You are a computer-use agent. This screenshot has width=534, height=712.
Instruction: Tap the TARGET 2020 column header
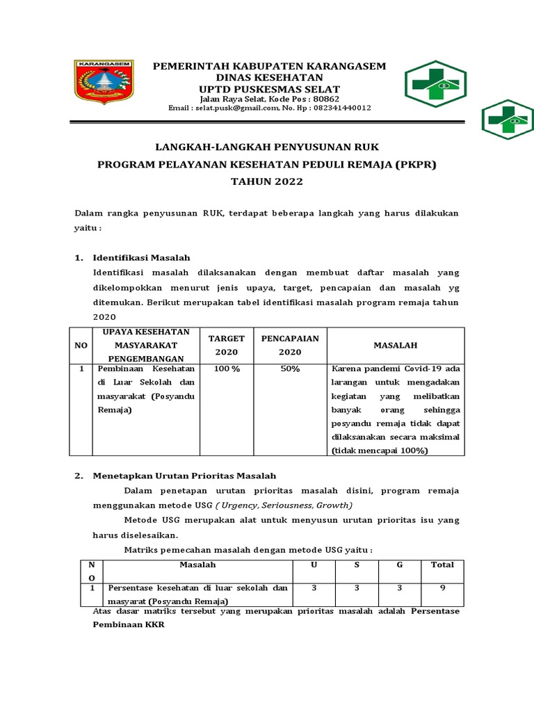(227, 345)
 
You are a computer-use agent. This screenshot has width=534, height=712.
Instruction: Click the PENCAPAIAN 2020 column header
(290, 345)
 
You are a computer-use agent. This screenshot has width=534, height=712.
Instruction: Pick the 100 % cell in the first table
(227, 369)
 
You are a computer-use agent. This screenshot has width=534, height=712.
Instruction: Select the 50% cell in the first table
(290, 369)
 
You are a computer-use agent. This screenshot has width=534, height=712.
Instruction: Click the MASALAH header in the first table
(394, 345)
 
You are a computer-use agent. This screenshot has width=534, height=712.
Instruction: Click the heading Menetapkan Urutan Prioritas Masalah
(185, 476)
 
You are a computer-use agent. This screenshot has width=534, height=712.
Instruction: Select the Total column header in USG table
(442, 565)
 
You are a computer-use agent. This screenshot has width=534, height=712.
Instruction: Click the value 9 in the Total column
(442, 588)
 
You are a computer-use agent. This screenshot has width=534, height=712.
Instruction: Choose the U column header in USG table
(314, 565)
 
